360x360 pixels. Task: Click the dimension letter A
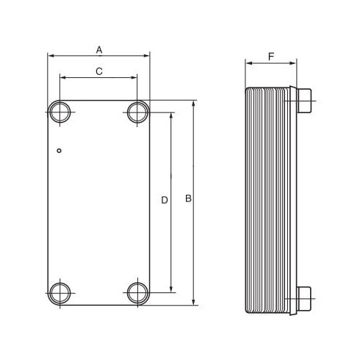tap(99, 50)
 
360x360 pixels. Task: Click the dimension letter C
tap(99, 71)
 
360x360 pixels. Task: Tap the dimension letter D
tap(165, 200)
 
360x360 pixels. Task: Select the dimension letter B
tap(188, 198)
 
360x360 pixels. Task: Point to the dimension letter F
tap(271, 57)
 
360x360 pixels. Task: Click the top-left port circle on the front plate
tap(50, 112)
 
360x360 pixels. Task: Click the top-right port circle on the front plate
tap(128, 112)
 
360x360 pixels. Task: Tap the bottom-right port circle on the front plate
tap(128, 293)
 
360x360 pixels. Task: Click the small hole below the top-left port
tap(59, 151)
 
